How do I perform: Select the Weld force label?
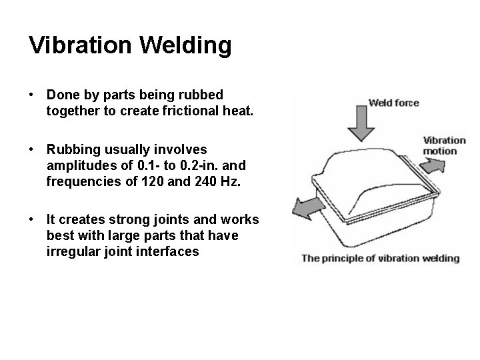(x=394, y=103)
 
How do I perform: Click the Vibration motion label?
(x=444, y=145)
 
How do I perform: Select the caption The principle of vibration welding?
(x=381, y=258)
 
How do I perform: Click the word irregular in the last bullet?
(x=71, y=252)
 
